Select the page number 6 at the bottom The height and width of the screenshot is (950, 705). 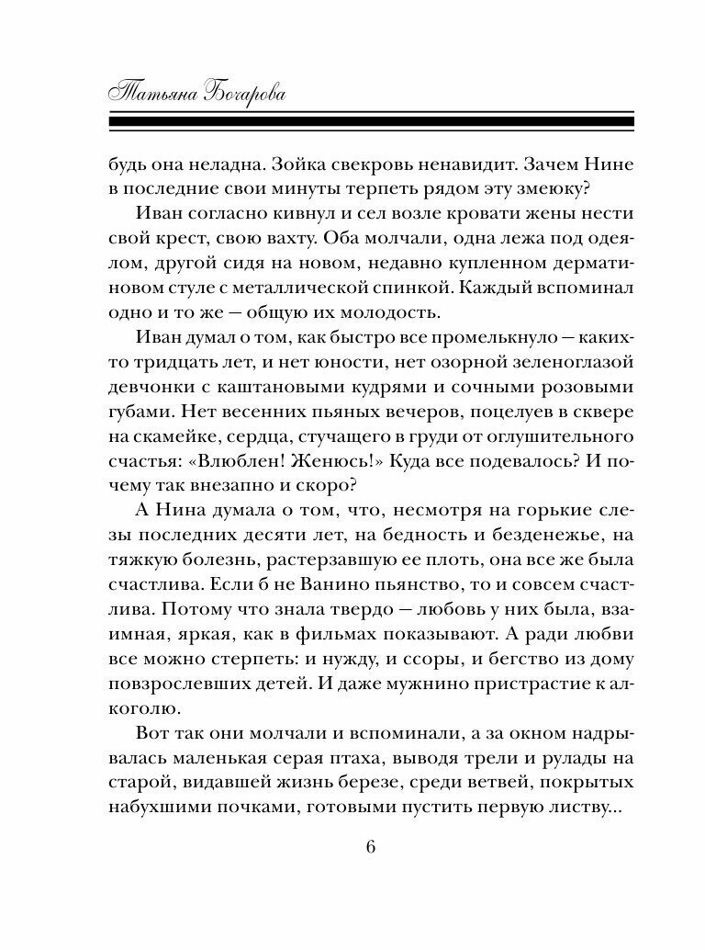point(371,846)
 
